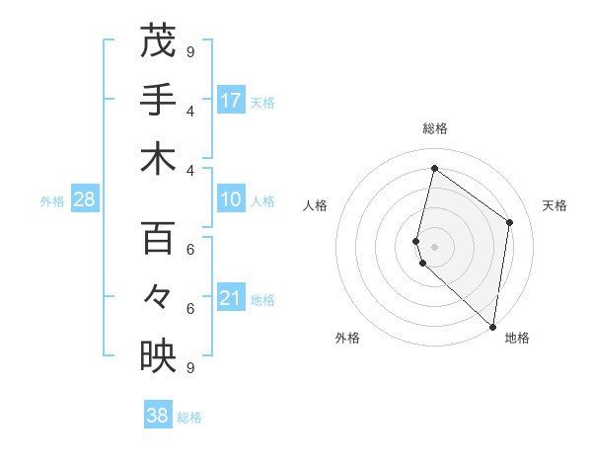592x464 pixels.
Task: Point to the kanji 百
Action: coord(158,238)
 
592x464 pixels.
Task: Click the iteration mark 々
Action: coord(158,296)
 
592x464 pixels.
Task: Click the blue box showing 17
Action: coord(231,101)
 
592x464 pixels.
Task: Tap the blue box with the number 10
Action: coord(231,200)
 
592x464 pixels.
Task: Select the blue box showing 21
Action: coord(231,299)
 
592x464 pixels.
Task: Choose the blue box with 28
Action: coord(84,200)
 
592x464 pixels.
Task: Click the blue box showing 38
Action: coord(158,416)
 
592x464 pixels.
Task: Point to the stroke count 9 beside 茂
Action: coord(190,51)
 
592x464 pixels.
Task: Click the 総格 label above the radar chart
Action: coord(435,128)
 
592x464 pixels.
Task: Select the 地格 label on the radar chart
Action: coord(517,338)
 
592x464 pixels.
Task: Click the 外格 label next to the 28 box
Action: coord(52,201)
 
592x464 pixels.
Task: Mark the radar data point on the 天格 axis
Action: coord(510,222)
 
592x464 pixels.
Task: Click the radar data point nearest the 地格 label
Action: coord(492,327)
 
